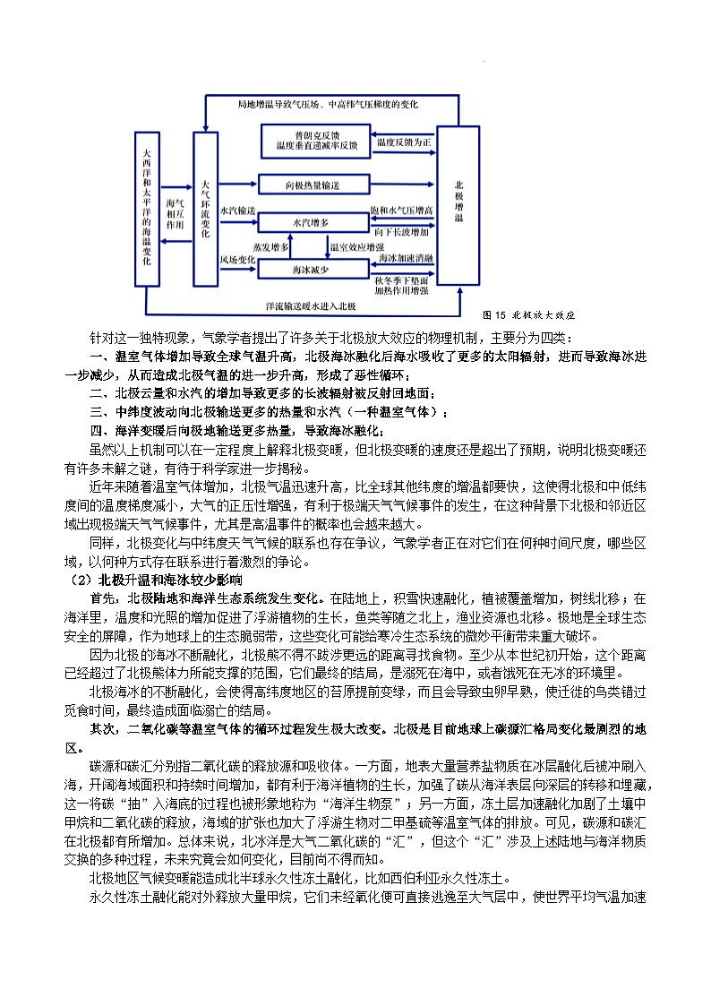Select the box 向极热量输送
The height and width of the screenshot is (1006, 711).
(x=313, y=185)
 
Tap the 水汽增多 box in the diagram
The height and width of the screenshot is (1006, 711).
(x=313, y=220)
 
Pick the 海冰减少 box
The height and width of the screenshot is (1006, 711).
(x=313, y=268)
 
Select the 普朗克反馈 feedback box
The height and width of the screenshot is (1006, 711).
(x=316, y=140)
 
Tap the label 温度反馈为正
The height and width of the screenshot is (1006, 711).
(x=404, y=142)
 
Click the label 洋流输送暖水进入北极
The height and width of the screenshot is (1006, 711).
(x=311, y=306)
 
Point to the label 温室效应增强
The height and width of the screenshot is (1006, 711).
(x=357, y=245)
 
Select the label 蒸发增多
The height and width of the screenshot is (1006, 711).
(x=271, y=245)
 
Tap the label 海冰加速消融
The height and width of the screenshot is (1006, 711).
(x=405, y=258)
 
